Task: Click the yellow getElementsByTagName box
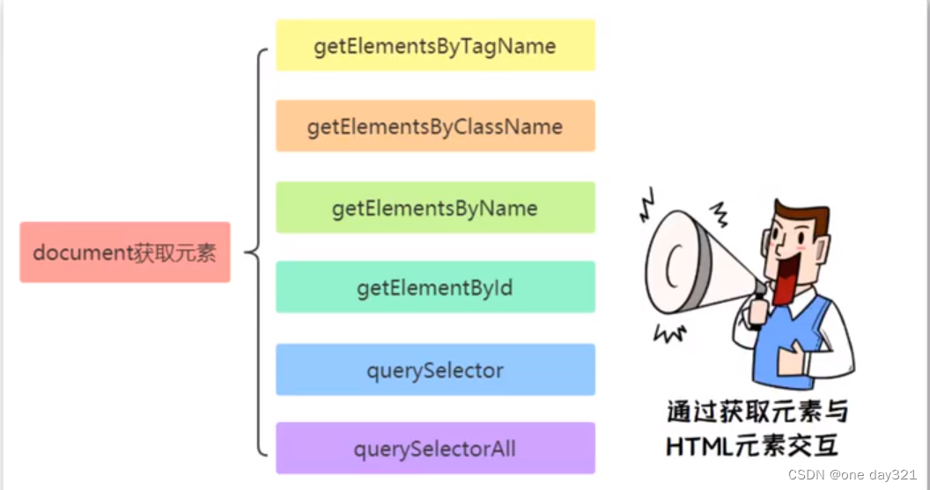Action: pos(435,46)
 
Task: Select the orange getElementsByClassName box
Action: pos(435,126)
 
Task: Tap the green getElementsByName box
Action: pos(435,208)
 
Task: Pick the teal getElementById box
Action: pos(435,287)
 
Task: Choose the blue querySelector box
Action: pos(435,369)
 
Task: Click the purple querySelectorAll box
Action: pos(435,449)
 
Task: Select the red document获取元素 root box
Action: pos(125,252)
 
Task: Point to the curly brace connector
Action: pos(257,252)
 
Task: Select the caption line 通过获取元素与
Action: pos(757,413)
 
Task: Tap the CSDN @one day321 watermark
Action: pos(853,475)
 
